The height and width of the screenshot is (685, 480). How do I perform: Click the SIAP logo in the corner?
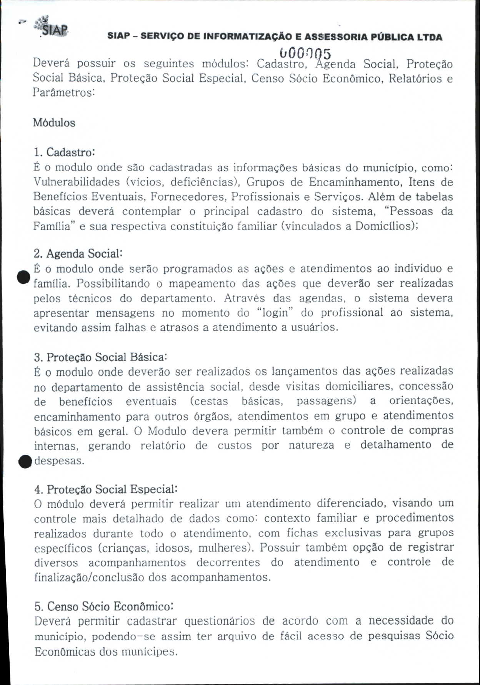click(52, 26)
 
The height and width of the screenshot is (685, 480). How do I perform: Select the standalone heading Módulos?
click(54, 123)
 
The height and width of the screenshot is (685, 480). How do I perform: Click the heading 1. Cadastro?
click(64, 152)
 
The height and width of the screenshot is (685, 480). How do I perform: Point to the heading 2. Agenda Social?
click(78, 254)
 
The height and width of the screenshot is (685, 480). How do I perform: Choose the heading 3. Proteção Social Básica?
click(100, 357)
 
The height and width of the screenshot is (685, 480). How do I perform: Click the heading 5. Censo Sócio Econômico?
click(104, 606)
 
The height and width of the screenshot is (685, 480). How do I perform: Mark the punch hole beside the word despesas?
click(25, 461)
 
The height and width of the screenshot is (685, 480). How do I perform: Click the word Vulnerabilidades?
click(77, 182)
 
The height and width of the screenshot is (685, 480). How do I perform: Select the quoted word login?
click(275, 313)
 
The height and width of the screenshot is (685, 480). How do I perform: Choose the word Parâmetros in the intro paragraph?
click(63, 93)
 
